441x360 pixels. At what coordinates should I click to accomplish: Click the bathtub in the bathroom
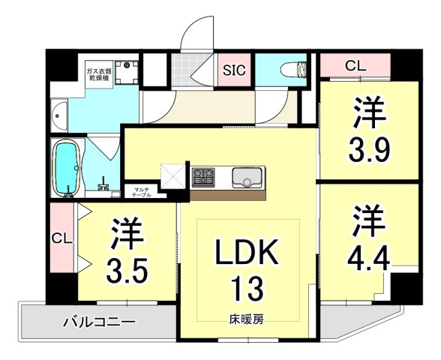[x=68, y=169]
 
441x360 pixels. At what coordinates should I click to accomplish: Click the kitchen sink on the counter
[x=247, y=178]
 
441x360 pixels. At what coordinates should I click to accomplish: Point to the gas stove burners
[x=204, y=178]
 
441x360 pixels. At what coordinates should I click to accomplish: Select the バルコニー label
[x=98, y=323]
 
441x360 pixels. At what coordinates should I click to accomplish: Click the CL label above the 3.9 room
[x=355, y=66]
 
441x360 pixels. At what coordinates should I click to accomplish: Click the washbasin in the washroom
[x=61, y=117]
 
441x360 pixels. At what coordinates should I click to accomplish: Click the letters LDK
[x=247, y=253]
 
